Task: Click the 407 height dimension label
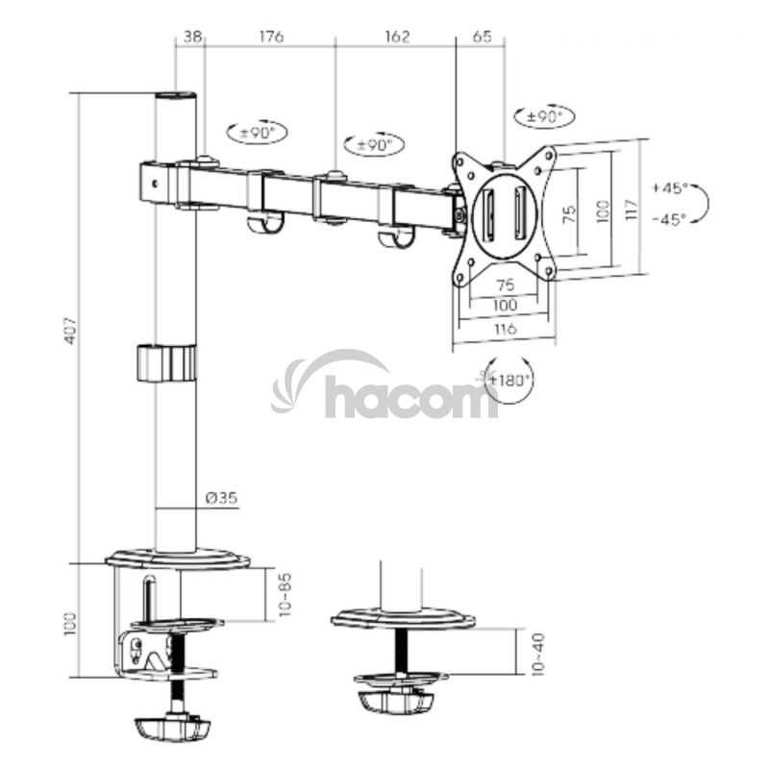[71, 329]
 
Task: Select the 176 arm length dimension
[271, 37]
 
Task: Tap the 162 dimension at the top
[396, 37]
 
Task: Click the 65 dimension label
[483, 37]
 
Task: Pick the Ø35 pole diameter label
[222, 498]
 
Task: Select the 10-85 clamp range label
[285, 594]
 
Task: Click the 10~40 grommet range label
[537, 653]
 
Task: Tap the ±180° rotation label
[509, 380]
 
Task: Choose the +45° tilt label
[670, 187]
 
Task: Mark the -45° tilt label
[669, 219]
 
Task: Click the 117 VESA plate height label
[633, 209]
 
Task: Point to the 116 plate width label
[506, 328]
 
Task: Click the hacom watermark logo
[385, 389]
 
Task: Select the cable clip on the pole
[166, 363]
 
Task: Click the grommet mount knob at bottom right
[396, 703]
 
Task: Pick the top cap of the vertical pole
[176, 95]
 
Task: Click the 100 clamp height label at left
[71, 624]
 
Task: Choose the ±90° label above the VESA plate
[544, 117]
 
